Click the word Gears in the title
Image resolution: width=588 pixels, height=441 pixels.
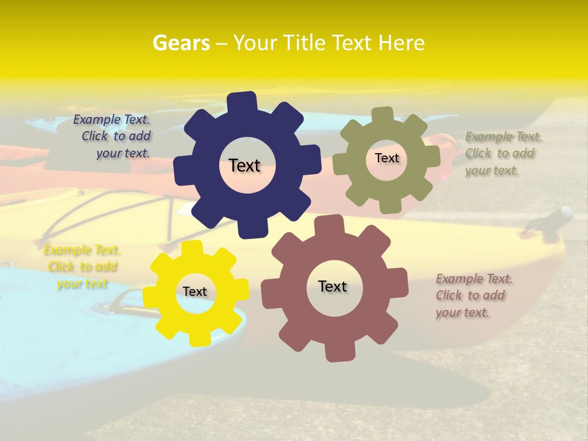point(181,43)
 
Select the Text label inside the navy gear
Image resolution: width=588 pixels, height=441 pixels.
point(244,165)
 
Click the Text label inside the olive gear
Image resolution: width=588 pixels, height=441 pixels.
point(386,158)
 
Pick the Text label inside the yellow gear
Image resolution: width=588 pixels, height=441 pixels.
point(195,292)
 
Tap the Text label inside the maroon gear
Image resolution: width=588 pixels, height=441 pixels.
point(333,286)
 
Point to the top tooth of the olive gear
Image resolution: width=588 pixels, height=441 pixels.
point(383,115)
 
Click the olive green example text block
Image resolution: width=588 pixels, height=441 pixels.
point(503,154)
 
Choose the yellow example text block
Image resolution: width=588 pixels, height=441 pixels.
point(82,267)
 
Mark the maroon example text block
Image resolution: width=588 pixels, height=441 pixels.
point(473,296)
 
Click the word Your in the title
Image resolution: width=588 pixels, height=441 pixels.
point(256,43)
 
